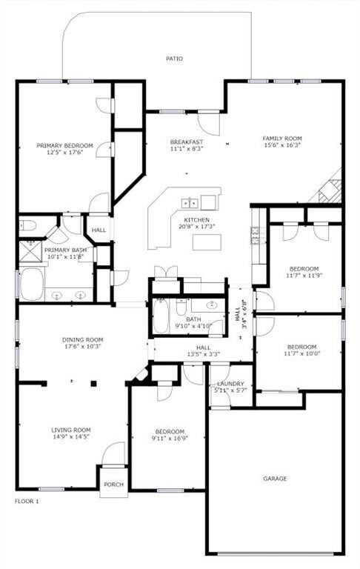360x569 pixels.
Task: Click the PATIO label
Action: pyautogui.click(x=174, y=59)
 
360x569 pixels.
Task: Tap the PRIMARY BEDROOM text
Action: pyautogui.click(x=64, y=145)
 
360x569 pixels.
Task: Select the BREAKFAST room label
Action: pyautogui.click(x=186, y=142)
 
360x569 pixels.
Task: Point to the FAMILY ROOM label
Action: pyautogui.click(x=282, y=139)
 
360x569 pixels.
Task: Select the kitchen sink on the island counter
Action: pyautogui.click(x=189, y=202)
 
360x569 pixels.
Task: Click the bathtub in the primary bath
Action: pyautogui.click(x=32, y=284)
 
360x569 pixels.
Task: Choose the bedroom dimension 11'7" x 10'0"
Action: pyautogui.click(x=301, y=354)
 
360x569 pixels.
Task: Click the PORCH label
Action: pyautogui.click(x=113, y=485)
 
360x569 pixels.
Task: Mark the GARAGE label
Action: pyautogui.click(x=274, y=479)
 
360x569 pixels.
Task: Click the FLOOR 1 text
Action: pyautogui.click(x=27, y=502)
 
